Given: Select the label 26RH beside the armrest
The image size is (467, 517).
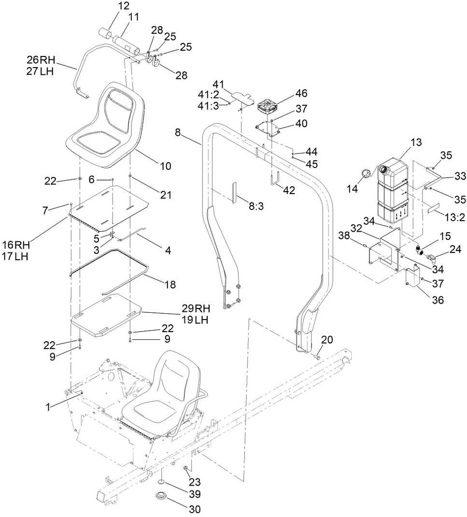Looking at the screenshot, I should click(x=42, y=60).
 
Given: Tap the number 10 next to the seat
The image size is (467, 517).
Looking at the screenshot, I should click(x=165, y=166).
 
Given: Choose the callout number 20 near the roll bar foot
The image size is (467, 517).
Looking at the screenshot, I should click(x=327, y=340).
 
